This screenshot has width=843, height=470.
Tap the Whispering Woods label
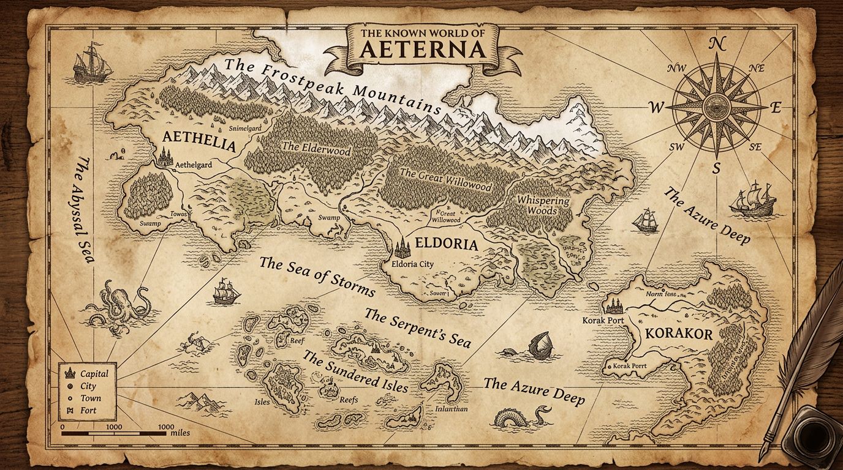pyautogui.click(x=543, y=206)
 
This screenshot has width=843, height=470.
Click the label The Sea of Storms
pyautogui.click(x=317, y=277)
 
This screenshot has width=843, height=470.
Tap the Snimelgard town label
pyautogui.click(x=245, y=129)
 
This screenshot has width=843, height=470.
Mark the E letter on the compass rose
pyautogui.click(x=776, y=108)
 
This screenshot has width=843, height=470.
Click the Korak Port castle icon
pyautogui.click(x=614, y=305)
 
